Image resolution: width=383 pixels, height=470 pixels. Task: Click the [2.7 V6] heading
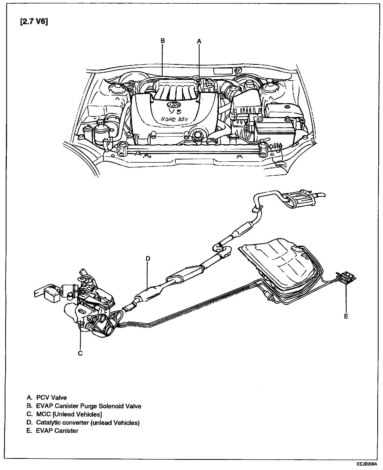click(x=34, y=21)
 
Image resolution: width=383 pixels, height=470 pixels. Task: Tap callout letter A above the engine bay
click(x=199, y=41)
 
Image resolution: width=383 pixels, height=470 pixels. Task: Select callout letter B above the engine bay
click(x=163, y=41)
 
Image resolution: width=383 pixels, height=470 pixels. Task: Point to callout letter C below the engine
click(x=80, y=353)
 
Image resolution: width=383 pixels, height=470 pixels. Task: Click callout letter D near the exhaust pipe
click(x=148, y=258)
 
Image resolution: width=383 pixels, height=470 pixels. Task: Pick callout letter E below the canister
click(x=346, y=316)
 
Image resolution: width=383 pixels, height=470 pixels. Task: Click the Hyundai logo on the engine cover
click(x=174, y=105)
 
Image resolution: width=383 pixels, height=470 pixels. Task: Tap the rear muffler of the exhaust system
click(x=299, y=199)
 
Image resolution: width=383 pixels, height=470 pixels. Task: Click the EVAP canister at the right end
click(x=347, y=276)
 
